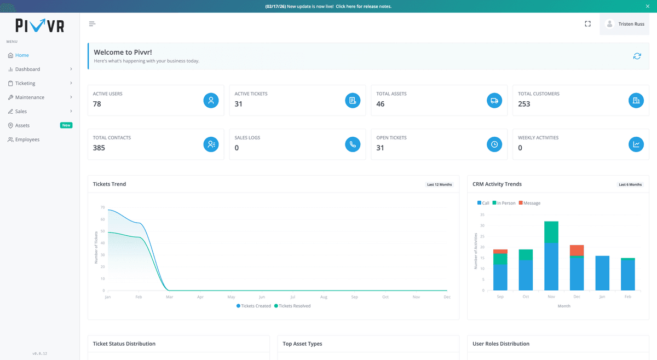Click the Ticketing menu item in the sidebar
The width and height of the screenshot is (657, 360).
[x=25, y=83]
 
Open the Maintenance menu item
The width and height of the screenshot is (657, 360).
[x=30, y=97]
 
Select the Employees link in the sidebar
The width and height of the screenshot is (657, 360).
[x=27, y=140]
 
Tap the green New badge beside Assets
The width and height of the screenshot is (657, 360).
[x=66, y=125]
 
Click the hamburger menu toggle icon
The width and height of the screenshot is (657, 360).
[x=92, y=24]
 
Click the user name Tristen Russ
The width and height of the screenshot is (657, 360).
[x=631, y=24]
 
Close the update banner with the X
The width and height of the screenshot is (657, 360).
[x=648, y=6]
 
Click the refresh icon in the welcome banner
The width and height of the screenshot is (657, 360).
[x=637, y=56]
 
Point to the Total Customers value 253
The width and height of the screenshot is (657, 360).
[x=524, y=104]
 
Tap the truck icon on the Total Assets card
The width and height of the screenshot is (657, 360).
[x=494, y=100]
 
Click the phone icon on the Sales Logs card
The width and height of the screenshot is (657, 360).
[x=353, y=144]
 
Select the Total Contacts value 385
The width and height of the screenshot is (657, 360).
[x=99, y=148]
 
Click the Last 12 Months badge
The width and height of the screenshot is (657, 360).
[x=439, y=184]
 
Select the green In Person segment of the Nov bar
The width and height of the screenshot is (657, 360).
[x=551, y=232]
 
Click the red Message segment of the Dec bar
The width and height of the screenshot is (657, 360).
[x=577, y=250]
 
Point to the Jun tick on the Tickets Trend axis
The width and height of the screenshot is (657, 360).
[x=262, y=297]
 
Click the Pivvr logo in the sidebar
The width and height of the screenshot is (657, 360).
[x=39, y=26]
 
